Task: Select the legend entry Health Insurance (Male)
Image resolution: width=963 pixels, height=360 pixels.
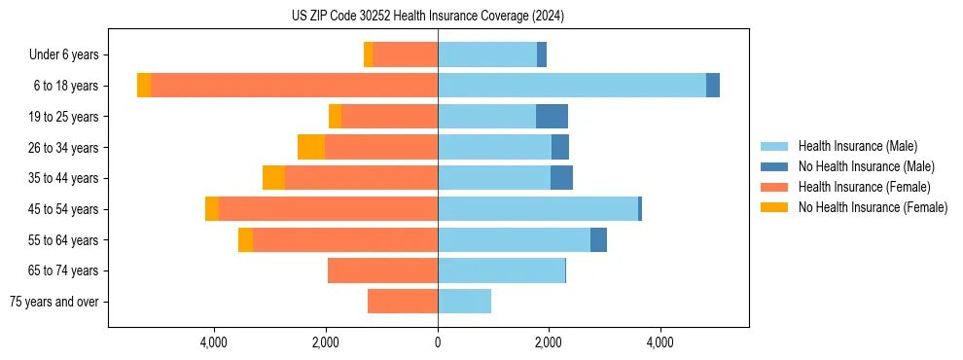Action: click(857, 146)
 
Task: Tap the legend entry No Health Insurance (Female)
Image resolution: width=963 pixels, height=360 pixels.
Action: click(873, 207)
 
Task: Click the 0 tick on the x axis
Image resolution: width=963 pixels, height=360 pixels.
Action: click(438, 342)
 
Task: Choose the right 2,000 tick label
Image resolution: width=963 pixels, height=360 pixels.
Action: click(549, 342)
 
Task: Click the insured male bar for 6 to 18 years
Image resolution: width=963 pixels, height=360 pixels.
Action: click(572, 86)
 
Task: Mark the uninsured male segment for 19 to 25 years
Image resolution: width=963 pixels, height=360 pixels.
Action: click(552, 117)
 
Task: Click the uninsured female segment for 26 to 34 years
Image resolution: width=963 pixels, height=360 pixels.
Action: click(311, 147)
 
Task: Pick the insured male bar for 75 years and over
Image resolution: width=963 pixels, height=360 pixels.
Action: click(464, 302)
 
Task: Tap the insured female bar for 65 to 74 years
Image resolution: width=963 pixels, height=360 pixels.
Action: click(382, 270)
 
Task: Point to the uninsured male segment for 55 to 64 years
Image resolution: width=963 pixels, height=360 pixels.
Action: click(598, 240)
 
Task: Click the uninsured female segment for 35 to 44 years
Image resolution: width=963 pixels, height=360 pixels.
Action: click(273, 178)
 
